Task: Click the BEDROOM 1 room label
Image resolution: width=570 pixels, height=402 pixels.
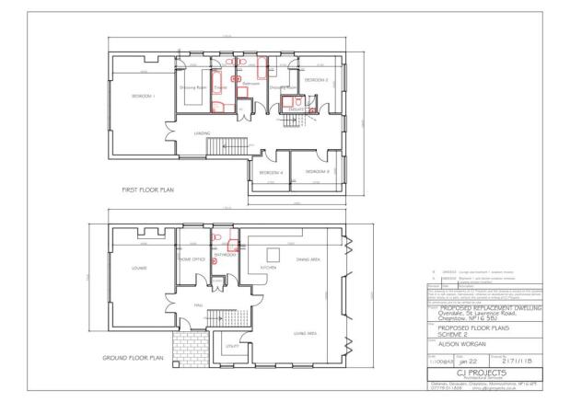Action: point(142,96)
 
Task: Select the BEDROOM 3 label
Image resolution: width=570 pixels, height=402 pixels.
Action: point(318,171)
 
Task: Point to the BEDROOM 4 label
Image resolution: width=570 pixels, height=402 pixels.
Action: point(270,173)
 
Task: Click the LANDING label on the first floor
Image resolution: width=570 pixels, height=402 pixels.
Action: point(202,133)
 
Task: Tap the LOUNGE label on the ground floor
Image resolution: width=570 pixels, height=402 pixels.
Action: point(141,269)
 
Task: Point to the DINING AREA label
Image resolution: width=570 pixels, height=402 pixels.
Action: point(308,260)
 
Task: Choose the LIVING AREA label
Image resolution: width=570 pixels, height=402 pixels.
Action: point(306,333)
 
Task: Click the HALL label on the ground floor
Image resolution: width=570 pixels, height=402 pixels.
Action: point(197,304)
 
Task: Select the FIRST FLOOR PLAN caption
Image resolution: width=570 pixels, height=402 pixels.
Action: point(148,190)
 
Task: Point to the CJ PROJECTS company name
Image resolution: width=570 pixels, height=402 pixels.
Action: point(486,373)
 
